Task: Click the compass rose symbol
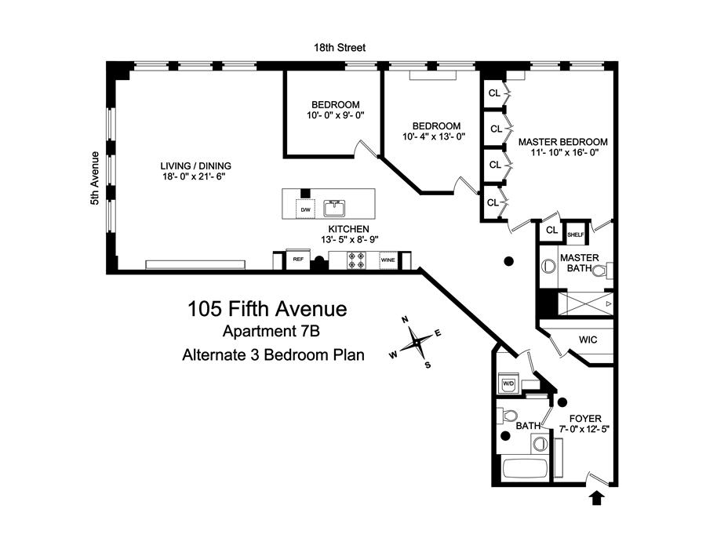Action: (x=417, y=341)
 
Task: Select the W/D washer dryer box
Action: (x=508, y=383)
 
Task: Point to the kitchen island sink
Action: (x=337, y=208)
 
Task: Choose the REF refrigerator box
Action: (x=298, y=260)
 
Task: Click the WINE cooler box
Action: (x=388, y=260)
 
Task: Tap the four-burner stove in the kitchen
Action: (x=354, y=261)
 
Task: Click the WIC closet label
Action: (x=588, y=340)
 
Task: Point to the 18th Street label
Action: (x=337, y=48)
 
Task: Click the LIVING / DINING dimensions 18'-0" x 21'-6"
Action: (x=195, y=177)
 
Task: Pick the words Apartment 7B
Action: (x=267, y=332)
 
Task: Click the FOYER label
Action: (x=585, y=418)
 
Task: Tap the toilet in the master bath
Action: (x=599, y=271)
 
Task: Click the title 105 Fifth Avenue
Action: (x=267, y=308)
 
